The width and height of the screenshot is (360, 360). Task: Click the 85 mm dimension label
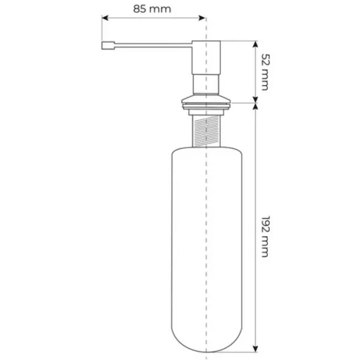tap(152, 9)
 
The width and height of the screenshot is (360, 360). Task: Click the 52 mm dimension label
tap(266, 72)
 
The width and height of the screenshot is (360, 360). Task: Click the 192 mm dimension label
tap(266, 236)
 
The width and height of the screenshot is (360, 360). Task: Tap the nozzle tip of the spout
tap(108, 46)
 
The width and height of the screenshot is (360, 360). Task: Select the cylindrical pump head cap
tap(206, 58)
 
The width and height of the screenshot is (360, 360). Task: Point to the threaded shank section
tap(206, 131)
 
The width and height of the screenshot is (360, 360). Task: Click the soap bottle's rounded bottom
tap(207, 337)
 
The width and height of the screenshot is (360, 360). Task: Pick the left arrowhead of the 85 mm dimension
tap(105, 18)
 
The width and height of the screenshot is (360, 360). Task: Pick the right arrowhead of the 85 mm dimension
tap(202, 18)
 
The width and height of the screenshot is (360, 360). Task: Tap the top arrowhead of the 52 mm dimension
tap(255, 44)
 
